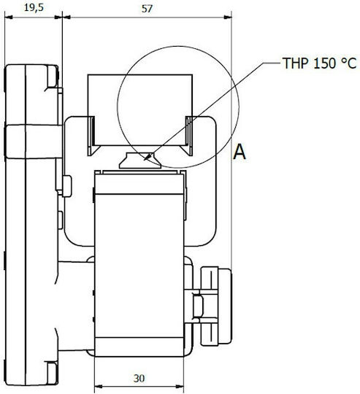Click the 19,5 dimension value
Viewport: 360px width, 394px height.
(34, 8)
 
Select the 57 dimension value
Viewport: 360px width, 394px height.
(147, 9)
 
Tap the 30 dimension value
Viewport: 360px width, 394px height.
(139, 378)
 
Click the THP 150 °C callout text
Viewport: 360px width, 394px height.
(320, 63)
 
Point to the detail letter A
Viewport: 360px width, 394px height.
(239, 152)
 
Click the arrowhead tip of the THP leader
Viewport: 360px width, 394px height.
(144, 160)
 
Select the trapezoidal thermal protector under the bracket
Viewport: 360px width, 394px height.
(139, 161)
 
